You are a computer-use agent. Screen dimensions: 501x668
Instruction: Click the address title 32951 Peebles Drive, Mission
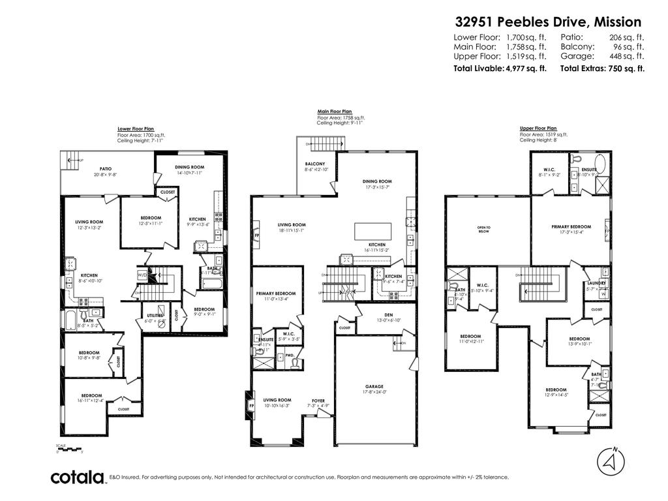coord(548,22)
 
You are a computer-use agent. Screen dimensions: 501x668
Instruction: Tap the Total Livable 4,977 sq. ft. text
coord(500,68)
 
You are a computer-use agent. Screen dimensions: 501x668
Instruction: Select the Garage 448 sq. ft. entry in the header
coord(602,56)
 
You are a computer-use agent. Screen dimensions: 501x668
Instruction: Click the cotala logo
coord(78,478)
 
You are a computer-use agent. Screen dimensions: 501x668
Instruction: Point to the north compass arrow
coord(611,461)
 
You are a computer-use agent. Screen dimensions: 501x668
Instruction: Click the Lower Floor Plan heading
coord(136,129)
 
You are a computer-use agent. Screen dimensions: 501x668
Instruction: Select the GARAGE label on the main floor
coord(374,386)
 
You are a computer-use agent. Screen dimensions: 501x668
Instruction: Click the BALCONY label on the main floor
coord(315,164)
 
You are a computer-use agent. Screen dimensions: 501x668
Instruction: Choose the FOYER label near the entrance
coord(318,401)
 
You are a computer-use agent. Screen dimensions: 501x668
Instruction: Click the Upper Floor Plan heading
coord(538,129)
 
